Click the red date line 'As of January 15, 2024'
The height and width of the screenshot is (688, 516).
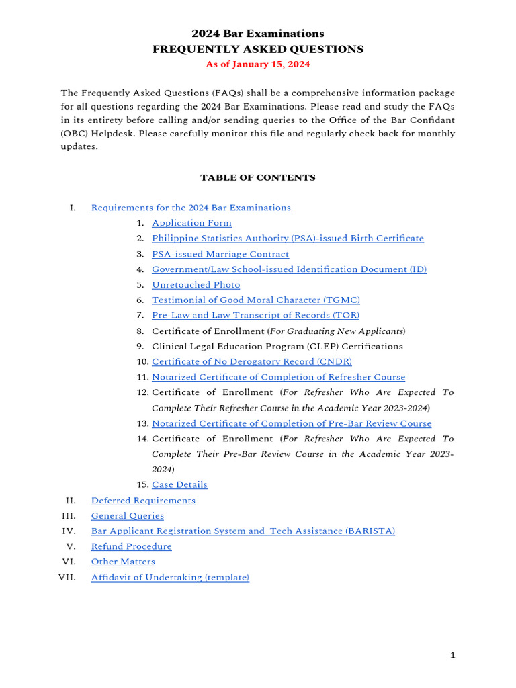tap(257, 64)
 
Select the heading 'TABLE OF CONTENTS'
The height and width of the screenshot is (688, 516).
tap(257, 178)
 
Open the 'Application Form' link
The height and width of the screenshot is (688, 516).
tap(191, 223)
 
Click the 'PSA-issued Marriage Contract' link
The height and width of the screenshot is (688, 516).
tap(220, 254)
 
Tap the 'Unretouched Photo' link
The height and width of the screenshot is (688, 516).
tap(196, 285)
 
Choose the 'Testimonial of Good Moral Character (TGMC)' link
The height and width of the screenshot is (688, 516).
tap(256, 300)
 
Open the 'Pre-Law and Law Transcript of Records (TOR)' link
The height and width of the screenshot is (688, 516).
tap(255, 315)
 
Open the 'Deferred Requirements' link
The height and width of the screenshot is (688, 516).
tap(143, 501)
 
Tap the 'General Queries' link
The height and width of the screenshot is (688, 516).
tap(128, 516)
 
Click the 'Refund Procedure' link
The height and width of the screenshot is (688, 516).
tap(132, 546)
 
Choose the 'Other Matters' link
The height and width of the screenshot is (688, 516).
tap(123, 562)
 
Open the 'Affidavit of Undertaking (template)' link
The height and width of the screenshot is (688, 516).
tap(170, 577)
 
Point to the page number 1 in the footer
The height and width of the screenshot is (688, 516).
tap(453, 656)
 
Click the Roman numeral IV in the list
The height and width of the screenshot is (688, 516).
tap(71, 531)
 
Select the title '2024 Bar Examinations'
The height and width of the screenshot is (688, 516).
tap(257, 34)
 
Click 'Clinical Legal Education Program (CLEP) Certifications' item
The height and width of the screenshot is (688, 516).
tap(277, 346)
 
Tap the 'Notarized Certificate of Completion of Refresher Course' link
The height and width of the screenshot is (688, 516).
tap(279, 377)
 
